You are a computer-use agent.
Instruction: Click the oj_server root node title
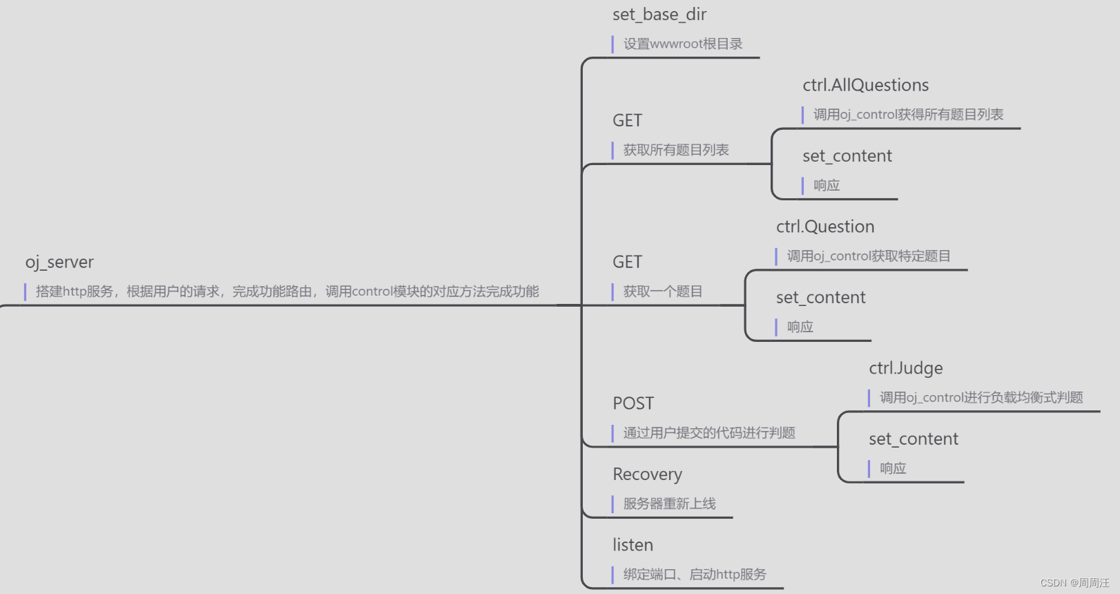59,262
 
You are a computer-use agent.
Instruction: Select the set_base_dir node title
659,15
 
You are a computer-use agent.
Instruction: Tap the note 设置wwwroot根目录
682,44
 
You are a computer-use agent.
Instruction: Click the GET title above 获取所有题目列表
627,121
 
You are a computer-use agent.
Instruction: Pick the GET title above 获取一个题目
627,262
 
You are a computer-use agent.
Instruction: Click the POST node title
633,403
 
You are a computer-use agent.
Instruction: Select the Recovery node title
647,475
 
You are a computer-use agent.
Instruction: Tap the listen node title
633,545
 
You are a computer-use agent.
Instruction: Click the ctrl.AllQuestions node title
865,86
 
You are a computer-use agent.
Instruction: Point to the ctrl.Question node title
825,227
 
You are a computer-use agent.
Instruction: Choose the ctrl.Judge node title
905,369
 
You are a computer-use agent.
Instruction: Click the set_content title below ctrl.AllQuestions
847,156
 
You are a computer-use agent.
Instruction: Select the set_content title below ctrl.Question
820,298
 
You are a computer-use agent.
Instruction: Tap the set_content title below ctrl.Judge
913,439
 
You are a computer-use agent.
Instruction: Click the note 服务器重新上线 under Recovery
669,504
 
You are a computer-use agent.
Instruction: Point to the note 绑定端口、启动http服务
694,575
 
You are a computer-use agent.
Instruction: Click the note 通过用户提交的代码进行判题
708,433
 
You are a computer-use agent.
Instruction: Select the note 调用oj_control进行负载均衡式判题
981,398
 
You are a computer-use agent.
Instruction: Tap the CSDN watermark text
1074,583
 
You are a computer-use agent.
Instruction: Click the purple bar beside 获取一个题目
612,291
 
